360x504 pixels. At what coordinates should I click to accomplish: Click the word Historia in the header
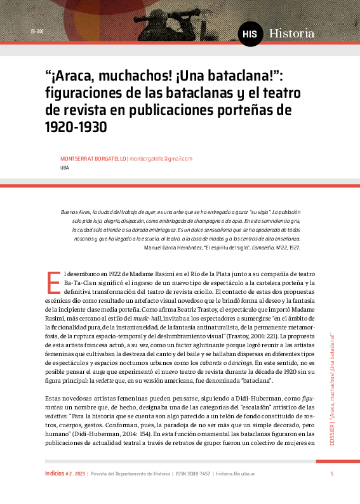291,33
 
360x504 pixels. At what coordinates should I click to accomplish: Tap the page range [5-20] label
36,31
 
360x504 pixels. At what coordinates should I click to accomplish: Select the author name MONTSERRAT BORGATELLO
93,159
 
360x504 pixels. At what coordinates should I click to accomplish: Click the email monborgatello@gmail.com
161,159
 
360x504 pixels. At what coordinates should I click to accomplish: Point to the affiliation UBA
64,168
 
